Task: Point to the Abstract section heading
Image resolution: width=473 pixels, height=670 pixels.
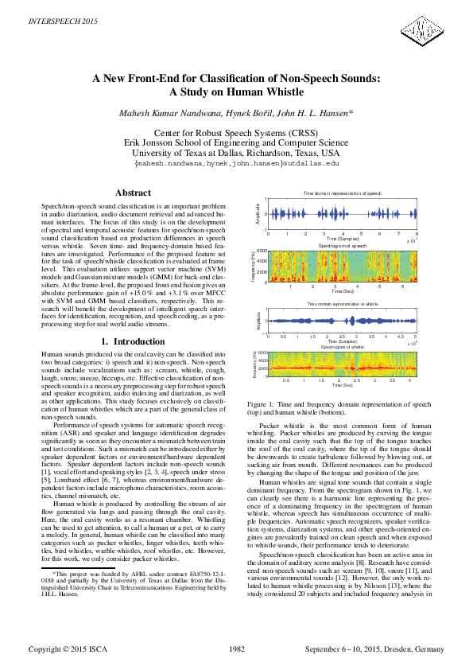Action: coord(134,193)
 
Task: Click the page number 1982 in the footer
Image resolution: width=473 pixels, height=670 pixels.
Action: coord(237,649)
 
